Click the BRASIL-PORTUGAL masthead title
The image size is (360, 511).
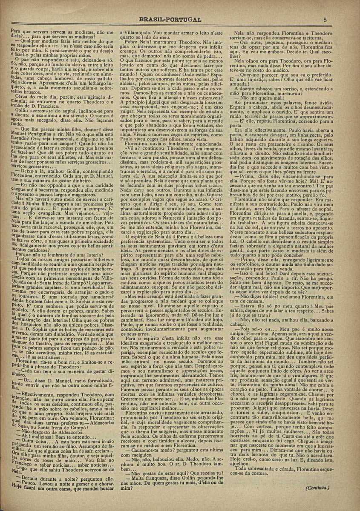point(170,20)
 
